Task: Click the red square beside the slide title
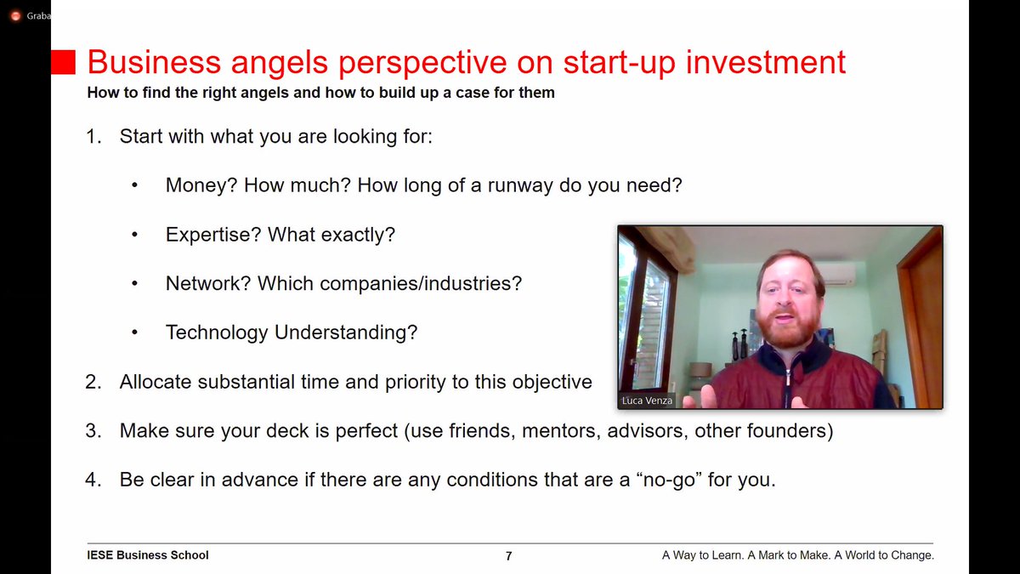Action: [x=64, y=61]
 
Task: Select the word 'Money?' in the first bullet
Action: [x=201, y=185]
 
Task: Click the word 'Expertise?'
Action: [x=213, y=235]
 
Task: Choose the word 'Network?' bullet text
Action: [x=208, y=283]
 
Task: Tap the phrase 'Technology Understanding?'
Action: [x=292, y=332]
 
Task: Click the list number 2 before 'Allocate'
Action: [x=93, y=382]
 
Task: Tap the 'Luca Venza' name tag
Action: [x=646, y=400]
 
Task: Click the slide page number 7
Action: [x=508, y=556]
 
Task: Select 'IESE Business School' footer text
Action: [x=148, y=555]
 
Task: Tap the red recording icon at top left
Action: [x=15, y=15]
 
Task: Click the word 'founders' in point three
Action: [x=788, y=431]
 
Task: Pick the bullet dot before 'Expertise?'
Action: [x=134, y=236]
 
